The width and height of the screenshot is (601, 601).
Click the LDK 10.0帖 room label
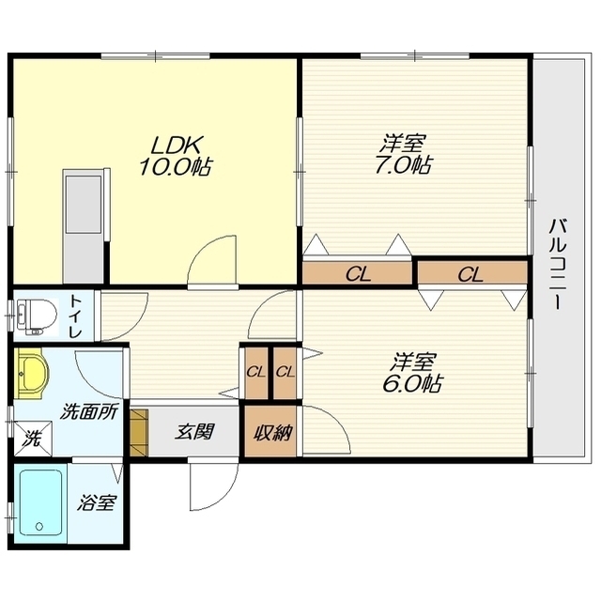pyautogui.click(x=176, y=156)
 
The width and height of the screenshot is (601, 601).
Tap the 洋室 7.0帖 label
pyautogui.click(x=403, y=154)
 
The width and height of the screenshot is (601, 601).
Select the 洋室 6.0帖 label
pyautogui.click(x=413, y=373)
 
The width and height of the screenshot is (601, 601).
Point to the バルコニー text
pyautogui.click(x=557, y=264)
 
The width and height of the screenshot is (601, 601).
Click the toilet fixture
pyautogui.click(x=36, y=316)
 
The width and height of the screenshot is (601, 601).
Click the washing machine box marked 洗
pyautogui.click(x=33, y=439)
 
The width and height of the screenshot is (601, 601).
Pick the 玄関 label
pyautogui.click(x=194, y=432)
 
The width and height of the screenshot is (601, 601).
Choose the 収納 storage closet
pyautogui.click(x=271, y=432)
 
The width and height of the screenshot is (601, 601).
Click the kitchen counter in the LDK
pyautogui.click(x=84, y=226)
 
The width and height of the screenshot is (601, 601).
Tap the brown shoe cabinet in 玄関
pyautogui.click(x=138, y=433)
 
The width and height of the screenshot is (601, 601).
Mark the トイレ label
pyautogui.click(x=75, y=316)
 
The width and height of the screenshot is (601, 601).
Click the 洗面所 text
pyautogui.click(x=90, y=413)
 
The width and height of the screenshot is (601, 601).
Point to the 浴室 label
pyautogui.click(x=97, y=503)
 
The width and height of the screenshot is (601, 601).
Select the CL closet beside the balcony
pyautogui.click(x=471, y=274)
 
